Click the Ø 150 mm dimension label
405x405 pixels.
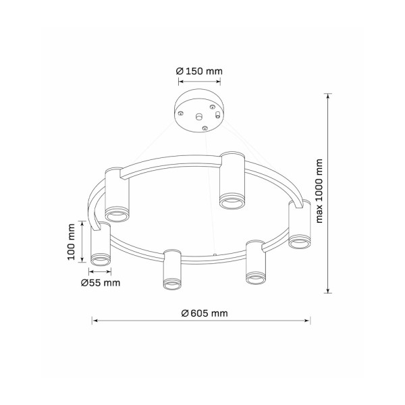point(199,71)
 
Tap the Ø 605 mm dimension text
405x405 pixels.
point(205,313)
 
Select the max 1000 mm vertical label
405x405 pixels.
point(319,191)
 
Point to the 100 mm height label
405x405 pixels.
point(71,242)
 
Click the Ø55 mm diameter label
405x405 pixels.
point(101,283)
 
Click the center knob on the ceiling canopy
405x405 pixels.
point(198,117)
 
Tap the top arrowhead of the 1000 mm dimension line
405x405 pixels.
point(328,96)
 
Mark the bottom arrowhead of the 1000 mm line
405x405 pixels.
point(328,290)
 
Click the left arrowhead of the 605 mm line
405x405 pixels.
point(94,321)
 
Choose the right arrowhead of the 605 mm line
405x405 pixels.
point(307,321)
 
